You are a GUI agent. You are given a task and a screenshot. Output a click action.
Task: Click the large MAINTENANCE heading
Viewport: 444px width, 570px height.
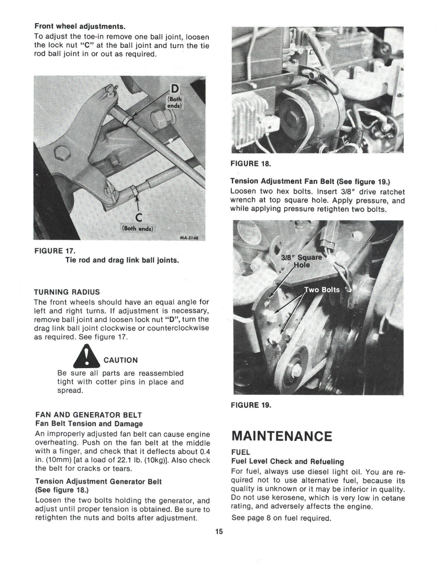click(x=281, y=436)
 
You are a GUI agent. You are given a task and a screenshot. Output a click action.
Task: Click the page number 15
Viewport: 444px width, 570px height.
click(x=219, y=532)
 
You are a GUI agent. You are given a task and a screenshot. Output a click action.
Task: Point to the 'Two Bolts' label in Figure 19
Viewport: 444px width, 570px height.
click(x=322, y=290)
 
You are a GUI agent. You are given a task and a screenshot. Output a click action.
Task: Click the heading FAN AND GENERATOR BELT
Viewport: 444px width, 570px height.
click(x=88, y=415)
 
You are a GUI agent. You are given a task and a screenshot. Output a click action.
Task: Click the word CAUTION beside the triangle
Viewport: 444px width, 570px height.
click(x=120, y=360)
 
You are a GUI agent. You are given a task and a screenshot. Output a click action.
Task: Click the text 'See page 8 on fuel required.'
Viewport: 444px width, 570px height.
click(x=281, y=518)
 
